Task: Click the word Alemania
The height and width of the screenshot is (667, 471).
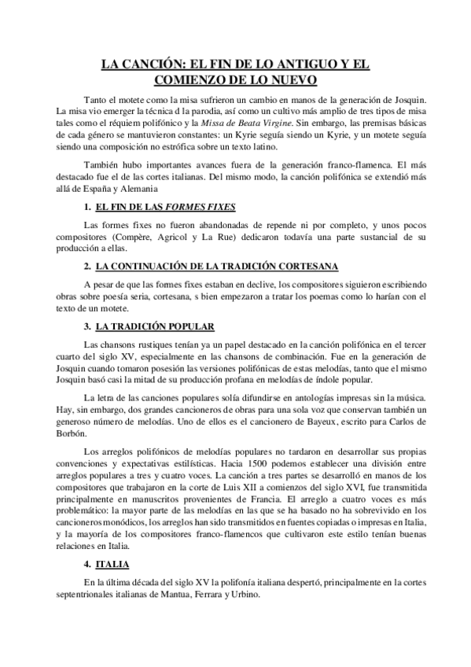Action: point(155,189)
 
